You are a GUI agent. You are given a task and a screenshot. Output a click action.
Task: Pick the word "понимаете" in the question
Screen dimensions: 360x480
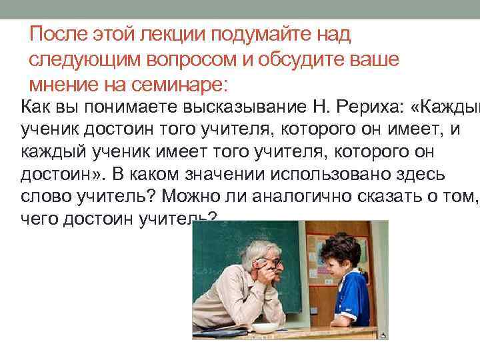[x=111, y=105]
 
